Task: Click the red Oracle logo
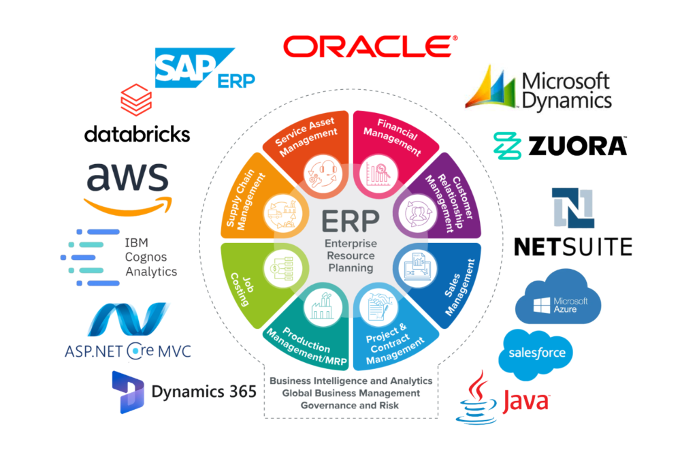pos(370,46)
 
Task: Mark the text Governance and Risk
pos(351,406)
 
